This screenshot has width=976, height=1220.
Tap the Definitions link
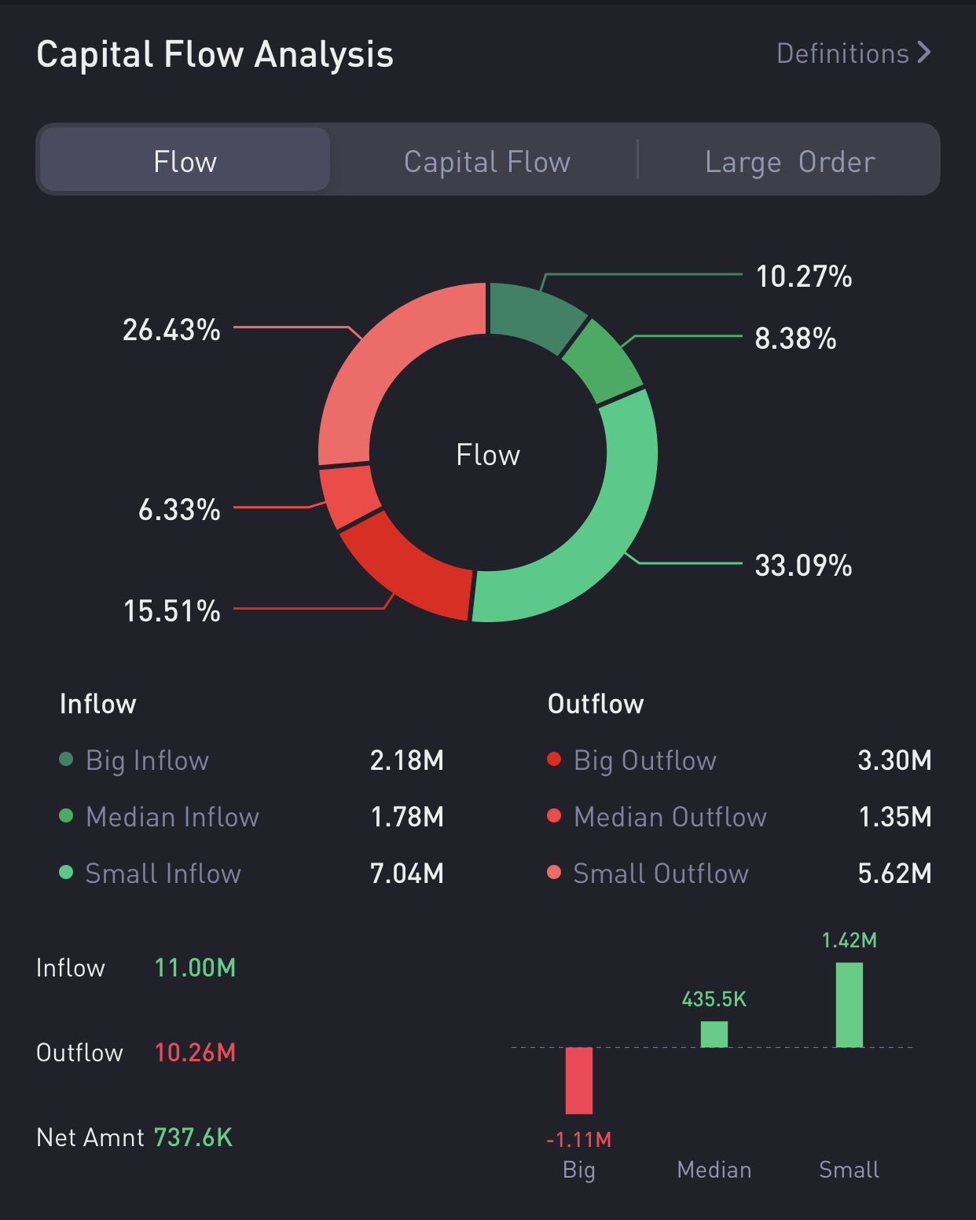(x=853, y=53)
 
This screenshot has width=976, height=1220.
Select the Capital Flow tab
(x=487, y=162)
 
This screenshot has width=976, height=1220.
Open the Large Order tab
(x=790, y=162)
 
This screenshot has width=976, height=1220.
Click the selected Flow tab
(x=185, y=162)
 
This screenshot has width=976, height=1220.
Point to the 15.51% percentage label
(x=172, y=611)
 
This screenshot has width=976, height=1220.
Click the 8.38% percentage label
(x=795, y=339)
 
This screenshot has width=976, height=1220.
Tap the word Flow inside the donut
(x=488, y=455)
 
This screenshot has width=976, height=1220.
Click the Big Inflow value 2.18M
(x=407, y=760)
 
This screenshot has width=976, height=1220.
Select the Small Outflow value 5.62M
(x=894, y=874)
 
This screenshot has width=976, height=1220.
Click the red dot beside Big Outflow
(x=554, y=759)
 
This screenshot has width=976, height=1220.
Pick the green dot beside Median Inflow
(x=66, y=815)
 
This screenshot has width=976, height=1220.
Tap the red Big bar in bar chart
(x=579, y=1080)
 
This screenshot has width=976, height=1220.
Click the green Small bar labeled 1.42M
(x=849, y=1005)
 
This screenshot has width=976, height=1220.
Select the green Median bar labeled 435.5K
(x=714, y=1034)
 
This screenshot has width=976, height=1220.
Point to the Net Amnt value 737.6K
(x=193, y=1138)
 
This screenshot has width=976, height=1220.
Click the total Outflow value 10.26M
(x=195, y=1053)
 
